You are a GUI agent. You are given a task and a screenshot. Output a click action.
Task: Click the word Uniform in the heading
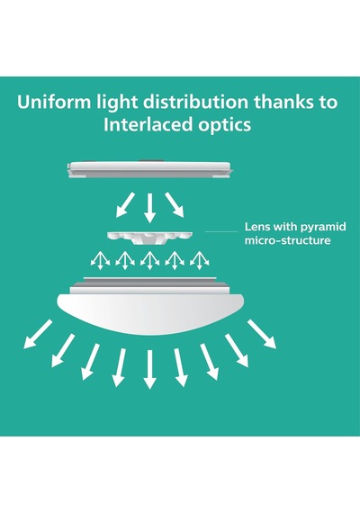(x=54, y=102)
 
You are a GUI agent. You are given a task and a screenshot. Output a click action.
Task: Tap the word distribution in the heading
(x=195, y=102)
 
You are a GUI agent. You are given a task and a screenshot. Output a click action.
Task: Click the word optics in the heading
(x=225, y=126)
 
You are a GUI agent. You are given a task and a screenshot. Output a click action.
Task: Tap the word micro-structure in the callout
(x=288, y=240)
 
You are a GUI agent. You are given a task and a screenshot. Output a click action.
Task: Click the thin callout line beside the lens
(x=221, y=231)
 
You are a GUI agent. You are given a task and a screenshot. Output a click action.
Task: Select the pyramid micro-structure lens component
(x=149, y=238)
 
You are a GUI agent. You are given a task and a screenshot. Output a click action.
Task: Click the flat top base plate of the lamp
(x=149, y=169)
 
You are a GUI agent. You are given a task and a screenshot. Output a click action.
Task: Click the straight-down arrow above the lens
(x=150, y=208)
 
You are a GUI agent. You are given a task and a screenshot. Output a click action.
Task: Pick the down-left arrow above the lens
(x=125, y=205)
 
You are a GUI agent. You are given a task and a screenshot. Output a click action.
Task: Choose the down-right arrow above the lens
(x=174, y=205)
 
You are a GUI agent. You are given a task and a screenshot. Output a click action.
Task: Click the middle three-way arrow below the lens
(x=150, y=260)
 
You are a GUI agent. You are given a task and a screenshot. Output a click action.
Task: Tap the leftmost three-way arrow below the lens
(x=100, y=260)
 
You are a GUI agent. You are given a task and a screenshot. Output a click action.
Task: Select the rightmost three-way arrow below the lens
(x=199, y=260)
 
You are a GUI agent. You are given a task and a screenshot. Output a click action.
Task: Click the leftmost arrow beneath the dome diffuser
(x=38, y=335)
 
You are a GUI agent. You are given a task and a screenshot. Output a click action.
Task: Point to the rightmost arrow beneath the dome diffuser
(x=262, y=335)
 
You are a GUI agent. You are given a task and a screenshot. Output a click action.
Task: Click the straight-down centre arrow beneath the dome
(x=150, y=369)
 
